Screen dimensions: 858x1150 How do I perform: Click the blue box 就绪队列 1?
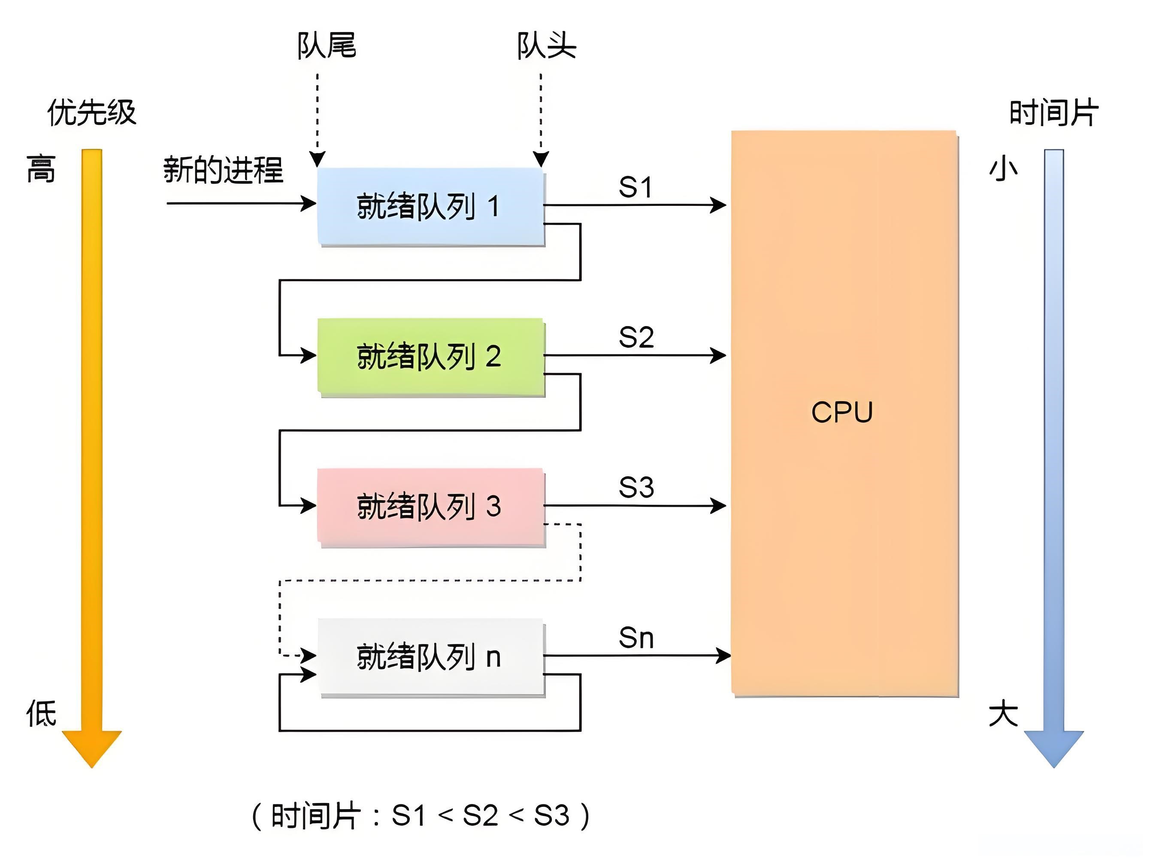[430, 206]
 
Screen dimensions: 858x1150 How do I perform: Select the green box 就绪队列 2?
[430, 357]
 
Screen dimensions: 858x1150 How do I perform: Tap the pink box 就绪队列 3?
[430, 506]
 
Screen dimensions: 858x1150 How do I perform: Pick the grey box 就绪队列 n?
[430, 656]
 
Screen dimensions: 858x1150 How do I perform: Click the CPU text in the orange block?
[842, 412]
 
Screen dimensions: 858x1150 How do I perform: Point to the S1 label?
[635, 187]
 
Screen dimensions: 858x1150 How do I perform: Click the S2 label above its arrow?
[636, 338]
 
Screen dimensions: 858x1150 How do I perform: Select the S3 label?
[636, 488]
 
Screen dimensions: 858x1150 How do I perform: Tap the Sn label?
[636, 638]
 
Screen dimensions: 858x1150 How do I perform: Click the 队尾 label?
[327, 46]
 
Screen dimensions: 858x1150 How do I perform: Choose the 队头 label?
[546, 46]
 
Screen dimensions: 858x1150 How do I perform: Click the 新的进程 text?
[224, 170]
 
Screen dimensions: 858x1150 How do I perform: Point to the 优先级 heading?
[92, 112]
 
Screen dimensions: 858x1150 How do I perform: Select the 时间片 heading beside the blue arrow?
[1054, 112]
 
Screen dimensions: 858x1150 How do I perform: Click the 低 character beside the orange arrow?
[42, 713]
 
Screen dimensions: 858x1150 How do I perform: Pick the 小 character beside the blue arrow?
[1003, 169]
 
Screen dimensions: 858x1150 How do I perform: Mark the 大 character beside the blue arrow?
[1003, 713]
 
